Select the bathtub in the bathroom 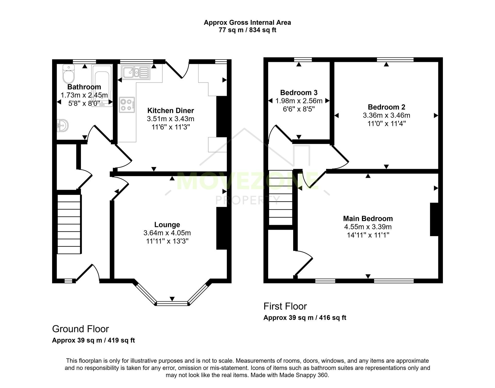pyautogui.click(x=102, y=85)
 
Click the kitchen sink pyautogui.click(x=136, y=72)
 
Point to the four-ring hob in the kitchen pyautogui.click(x=127, y=105)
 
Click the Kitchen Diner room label pyautogui.click(x=170, y=111)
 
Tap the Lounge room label pyautogui.click(x=167, y=225)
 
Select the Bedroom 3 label pyautogui.click(x=299, y=93)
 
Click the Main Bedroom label pyautogui.click(x=368, y=219)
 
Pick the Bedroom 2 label pyautogui.click(x=386, y=107)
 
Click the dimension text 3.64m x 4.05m pyautogui.click(x=167, y=233)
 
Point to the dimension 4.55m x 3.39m pyautogui.click(x=368, y=227)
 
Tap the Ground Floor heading pyautogui.click(x=80, y=329)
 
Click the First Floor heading pyautogui.click(x=285, y=306)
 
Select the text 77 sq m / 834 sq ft pyautogui.click(x=247, y=30)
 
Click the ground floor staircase pyautogui.click(x=69, y=224)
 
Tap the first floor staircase pyautogui.click(x=281, y=197)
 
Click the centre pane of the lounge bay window pyautogui.click(x=172, y=303)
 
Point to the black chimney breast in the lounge pyautogui.click(x=221, y=228)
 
